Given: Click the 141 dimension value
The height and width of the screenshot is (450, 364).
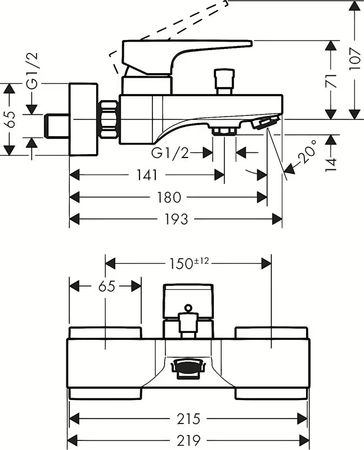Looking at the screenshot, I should click(146, 175).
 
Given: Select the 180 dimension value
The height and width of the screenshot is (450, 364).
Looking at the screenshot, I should click(169, 197).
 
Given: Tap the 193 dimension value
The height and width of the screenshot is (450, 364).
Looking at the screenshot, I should click(176, 219).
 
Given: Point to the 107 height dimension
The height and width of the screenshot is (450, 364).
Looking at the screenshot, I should click(354, 58).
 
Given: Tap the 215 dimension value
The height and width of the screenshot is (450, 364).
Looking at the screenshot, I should click(188, 419).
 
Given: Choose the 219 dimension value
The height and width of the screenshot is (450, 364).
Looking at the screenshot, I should click(188, 440).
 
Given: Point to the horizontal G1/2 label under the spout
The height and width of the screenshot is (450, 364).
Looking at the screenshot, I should click(170, 153).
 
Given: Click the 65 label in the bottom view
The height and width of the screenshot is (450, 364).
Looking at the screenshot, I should click(106, 286).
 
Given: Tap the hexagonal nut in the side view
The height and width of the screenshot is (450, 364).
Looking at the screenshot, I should click(109, 119).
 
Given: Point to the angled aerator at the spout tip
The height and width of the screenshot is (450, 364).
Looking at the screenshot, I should click(267, 122).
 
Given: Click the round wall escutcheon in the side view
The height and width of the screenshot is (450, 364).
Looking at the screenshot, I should click(83, 119).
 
